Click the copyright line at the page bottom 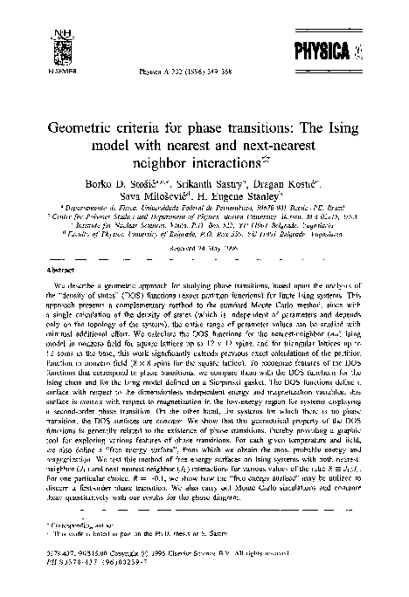[153, 564]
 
